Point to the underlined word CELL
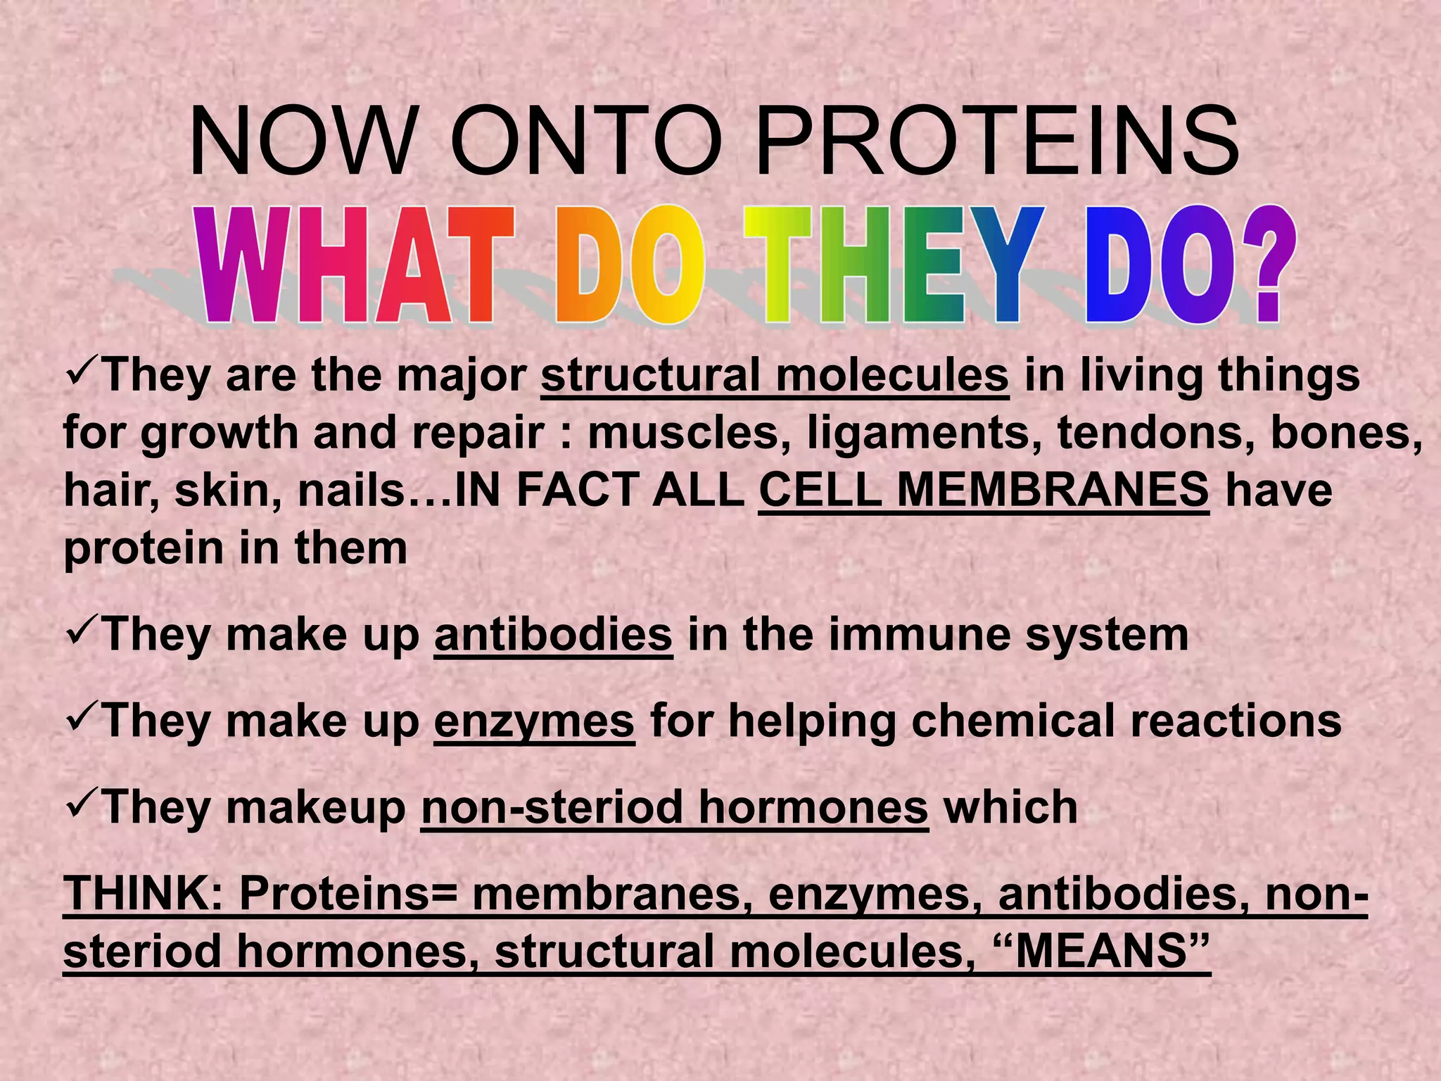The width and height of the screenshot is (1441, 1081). (x=820, y=490)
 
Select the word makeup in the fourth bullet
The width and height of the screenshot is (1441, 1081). (x=316, y=808)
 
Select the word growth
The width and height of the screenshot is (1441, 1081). (x=220, y=432)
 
